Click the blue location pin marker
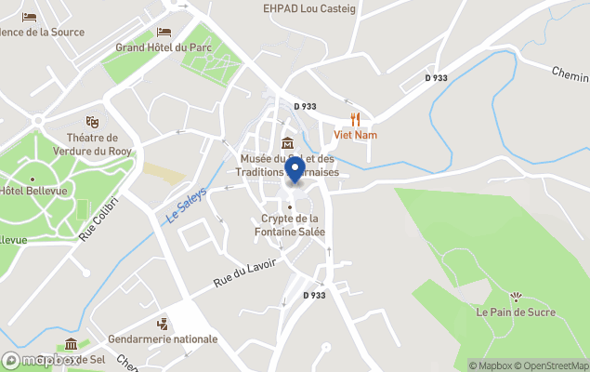click(x=295, y=170)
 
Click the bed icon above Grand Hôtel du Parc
click(x=164, y=32)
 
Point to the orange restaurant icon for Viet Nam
click(x=354, y=119)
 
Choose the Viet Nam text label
click(x=354, y=135)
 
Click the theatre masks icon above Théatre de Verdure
click(x=92, y=122)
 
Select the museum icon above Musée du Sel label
click(x=288, y=143)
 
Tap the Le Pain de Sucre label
click(x=516, y=312)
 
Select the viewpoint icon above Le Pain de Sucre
click(x=517, y=297)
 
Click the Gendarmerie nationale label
click(x=163, y=339)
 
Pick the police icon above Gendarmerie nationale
click(x=163, y=324)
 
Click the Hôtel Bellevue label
click(x=25, y=191)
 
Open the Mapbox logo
click(x=42, y=360)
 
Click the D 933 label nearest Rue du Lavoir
click(x=315, y=295)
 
